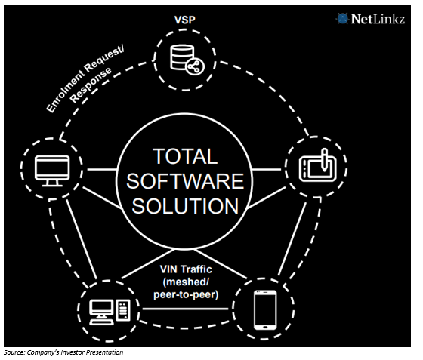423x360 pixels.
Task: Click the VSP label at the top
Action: pos(185,20)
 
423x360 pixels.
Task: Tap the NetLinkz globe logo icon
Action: pos(342,19)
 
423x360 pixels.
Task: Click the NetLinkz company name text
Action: pos(378,19)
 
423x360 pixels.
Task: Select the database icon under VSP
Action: pos(187,60)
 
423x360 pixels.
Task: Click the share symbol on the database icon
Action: pos(196,66)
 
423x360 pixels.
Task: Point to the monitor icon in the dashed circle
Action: pos(52,171)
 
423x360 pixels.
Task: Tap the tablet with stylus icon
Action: pos(317,165)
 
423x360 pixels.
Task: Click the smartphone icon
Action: pos(265,309)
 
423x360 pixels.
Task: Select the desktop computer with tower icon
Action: pos(110,312)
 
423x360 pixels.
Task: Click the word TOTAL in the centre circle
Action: pos(185,156)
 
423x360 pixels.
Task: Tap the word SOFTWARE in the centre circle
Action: pos(185,181)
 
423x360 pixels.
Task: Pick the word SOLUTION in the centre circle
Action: pos(185,206)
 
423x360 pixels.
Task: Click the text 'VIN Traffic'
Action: pos(186,269)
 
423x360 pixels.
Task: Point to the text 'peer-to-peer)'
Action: pos(186,294)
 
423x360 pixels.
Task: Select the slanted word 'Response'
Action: pos(91,85)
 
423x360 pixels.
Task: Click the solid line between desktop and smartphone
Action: pos(185,309)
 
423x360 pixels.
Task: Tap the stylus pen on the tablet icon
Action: pos(324,159)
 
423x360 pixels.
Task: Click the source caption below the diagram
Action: pos(63,352)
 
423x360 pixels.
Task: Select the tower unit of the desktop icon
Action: pos(123,310)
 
